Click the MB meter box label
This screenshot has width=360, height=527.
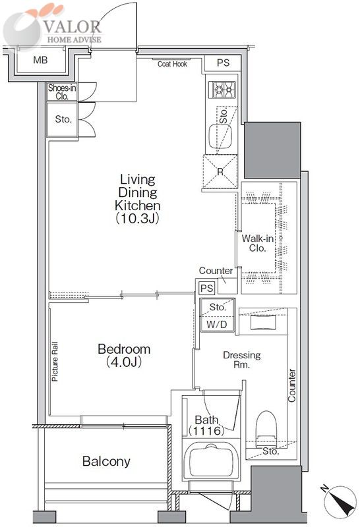40,61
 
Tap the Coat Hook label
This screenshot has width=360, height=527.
172,64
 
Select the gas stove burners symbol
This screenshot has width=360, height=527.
222,90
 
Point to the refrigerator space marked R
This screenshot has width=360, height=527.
220,172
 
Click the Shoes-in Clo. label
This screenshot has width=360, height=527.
62,92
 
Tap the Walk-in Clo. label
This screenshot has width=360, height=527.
258,243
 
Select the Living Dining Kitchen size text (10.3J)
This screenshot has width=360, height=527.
138,219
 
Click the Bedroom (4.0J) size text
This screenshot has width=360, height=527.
124,361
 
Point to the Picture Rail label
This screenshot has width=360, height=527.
55,362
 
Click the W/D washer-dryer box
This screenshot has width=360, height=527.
217,324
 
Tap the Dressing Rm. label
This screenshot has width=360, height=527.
241,360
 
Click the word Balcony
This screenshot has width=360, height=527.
106,461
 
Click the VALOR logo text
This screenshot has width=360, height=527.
73,27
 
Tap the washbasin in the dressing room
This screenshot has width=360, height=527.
263,322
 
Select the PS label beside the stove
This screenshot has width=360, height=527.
223,63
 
